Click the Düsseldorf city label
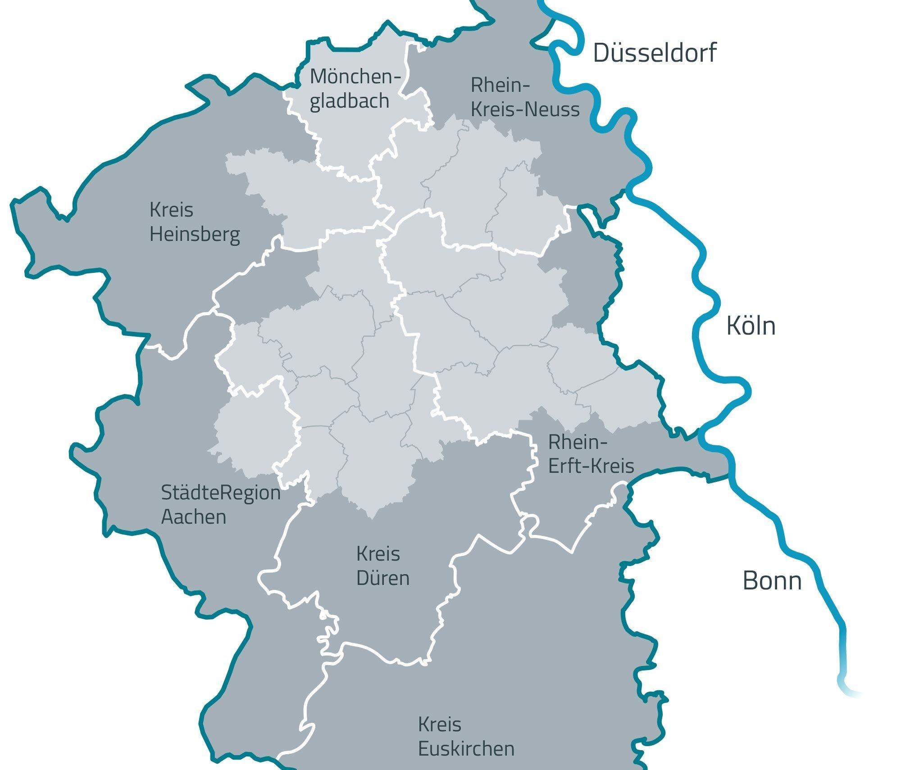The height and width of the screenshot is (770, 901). pos(654,53)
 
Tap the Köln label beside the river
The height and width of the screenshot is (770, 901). pos(751,326)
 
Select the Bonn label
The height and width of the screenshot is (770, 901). pos(772,581)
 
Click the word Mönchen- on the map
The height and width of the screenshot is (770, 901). pos(355,77)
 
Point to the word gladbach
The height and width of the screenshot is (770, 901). pos(350,101)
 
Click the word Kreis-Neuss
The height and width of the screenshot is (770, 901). pos(525,109)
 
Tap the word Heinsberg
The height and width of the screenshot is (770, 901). pos(195,234)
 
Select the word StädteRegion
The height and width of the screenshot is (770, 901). pos(221,493)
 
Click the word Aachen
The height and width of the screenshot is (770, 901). pos(194,517)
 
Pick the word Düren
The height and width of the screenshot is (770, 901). pos(383,578)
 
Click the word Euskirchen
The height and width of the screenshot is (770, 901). pos(466,749)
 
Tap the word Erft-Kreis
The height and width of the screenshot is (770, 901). pos(591,466)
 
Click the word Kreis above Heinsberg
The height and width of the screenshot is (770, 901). pos(171,210)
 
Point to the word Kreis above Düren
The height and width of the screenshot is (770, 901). pos(378,554)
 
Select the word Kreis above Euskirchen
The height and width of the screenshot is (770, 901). pos(440,725)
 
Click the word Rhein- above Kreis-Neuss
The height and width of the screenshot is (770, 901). pos(500,85)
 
